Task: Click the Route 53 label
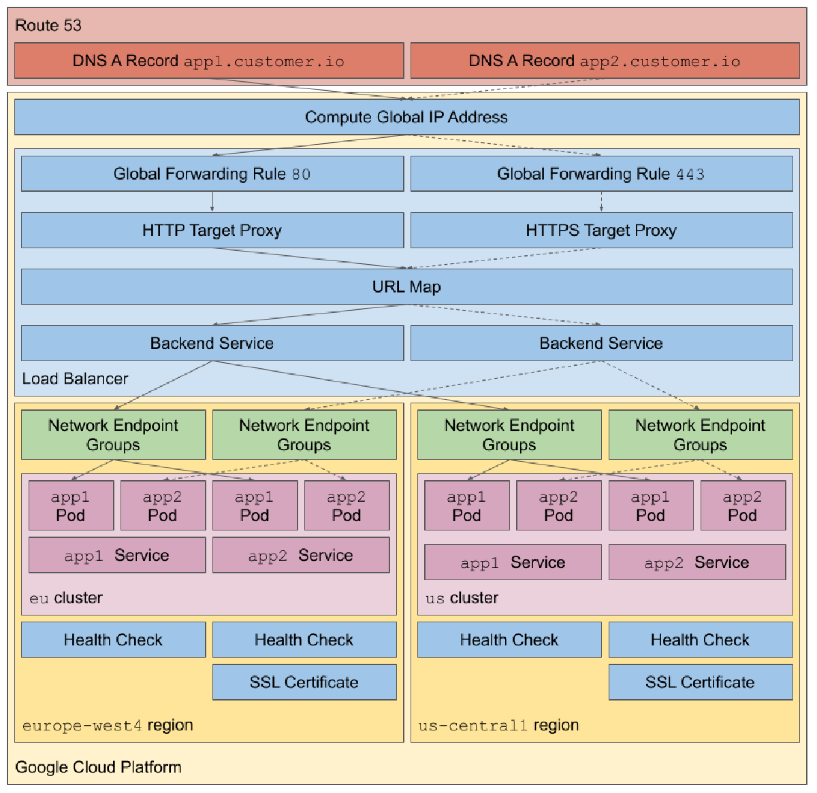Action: pyautogui.click(x=48, y=26)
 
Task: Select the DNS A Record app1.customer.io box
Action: pyautogui.click(x=209, y=61)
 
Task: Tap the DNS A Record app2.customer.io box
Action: pyautogui.click(x=605, y=61)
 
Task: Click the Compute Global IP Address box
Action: pyautogui.click(x=406, y=117)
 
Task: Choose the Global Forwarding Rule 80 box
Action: pyautogui.click(x=212, y=174)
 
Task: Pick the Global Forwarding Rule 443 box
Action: pyautogui.click(x=601, y=174)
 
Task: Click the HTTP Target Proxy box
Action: pyautogui.click(x=212, y=231)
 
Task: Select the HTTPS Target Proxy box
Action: pyautogui.click(x=601, y=231)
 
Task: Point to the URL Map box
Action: pyautogui.click(x=406, y=287)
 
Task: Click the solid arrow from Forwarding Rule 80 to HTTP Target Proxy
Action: pyautogui.click(x=212, y=202)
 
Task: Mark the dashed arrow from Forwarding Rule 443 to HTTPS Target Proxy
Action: pyautogui.click(x=601, y=202)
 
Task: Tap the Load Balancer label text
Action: pyautogui.click(x=75, y=379)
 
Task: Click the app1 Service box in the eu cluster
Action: pyautogui.click(x=116, y=556)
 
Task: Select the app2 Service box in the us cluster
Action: pyautogui.click(x=696, y=562)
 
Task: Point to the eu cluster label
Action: pyautogui.click(x=66, y=598)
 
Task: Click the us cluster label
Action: pyautogui.click(x=462, y=598)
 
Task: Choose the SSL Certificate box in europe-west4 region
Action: pyautogui.click(x=304, y=682)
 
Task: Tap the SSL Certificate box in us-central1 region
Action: pyautogui.click(x=700, y=682)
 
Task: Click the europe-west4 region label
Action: pyautogui.click(x=108, y=726)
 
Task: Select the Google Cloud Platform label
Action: pyautogui.click(x=98, y=767)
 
